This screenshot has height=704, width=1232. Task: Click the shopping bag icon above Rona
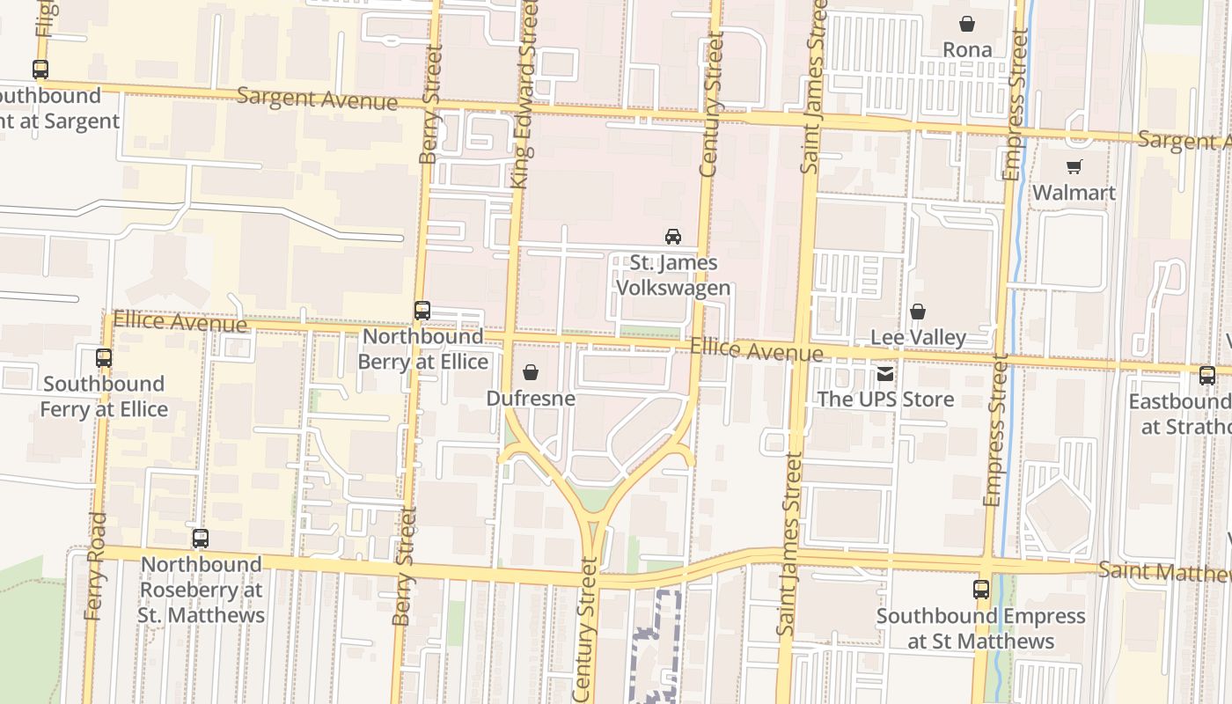967,24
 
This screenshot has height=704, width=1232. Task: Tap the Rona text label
967,49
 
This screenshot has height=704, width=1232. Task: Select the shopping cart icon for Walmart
1074,166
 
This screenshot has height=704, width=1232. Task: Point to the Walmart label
1074,192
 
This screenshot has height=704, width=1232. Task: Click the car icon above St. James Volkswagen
673,236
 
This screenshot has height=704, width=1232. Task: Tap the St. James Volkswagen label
673,275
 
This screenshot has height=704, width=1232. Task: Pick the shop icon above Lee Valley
918,312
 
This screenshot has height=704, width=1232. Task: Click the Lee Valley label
918,337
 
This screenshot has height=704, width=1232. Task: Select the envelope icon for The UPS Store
885,374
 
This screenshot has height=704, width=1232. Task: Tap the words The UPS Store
885,400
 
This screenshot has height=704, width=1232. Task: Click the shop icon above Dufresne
531,373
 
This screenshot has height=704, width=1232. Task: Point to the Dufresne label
531,399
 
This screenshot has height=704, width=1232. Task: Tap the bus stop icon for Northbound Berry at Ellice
422,311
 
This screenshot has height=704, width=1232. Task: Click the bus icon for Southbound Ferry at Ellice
104,358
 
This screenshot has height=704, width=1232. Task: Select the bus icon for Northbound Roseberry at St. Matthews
201,539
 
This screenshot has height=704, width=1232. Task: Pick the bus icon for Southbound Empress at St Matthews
981,590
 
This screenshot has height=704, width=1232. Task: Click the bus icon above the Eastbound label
1207,376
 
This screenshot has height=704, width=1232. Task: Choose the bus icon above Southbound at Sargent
40,70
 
